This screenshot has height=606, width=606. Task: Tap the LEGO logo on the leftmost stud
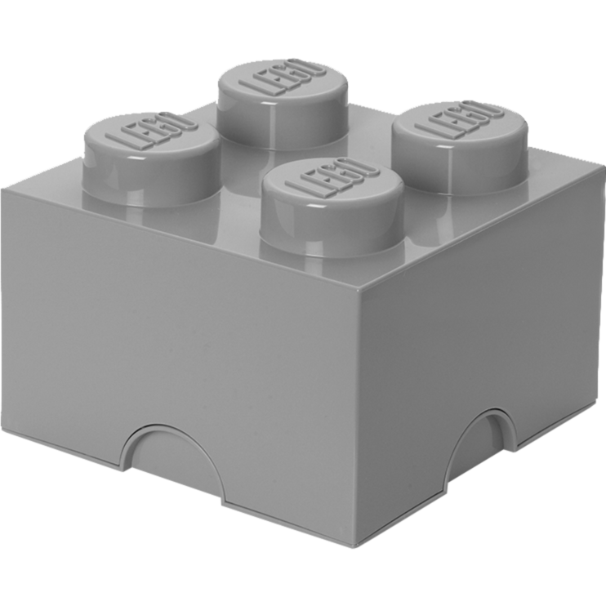(x=152, y=129)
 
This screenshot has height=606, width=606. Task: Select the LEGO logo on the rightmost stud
(x=460, y=119)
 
